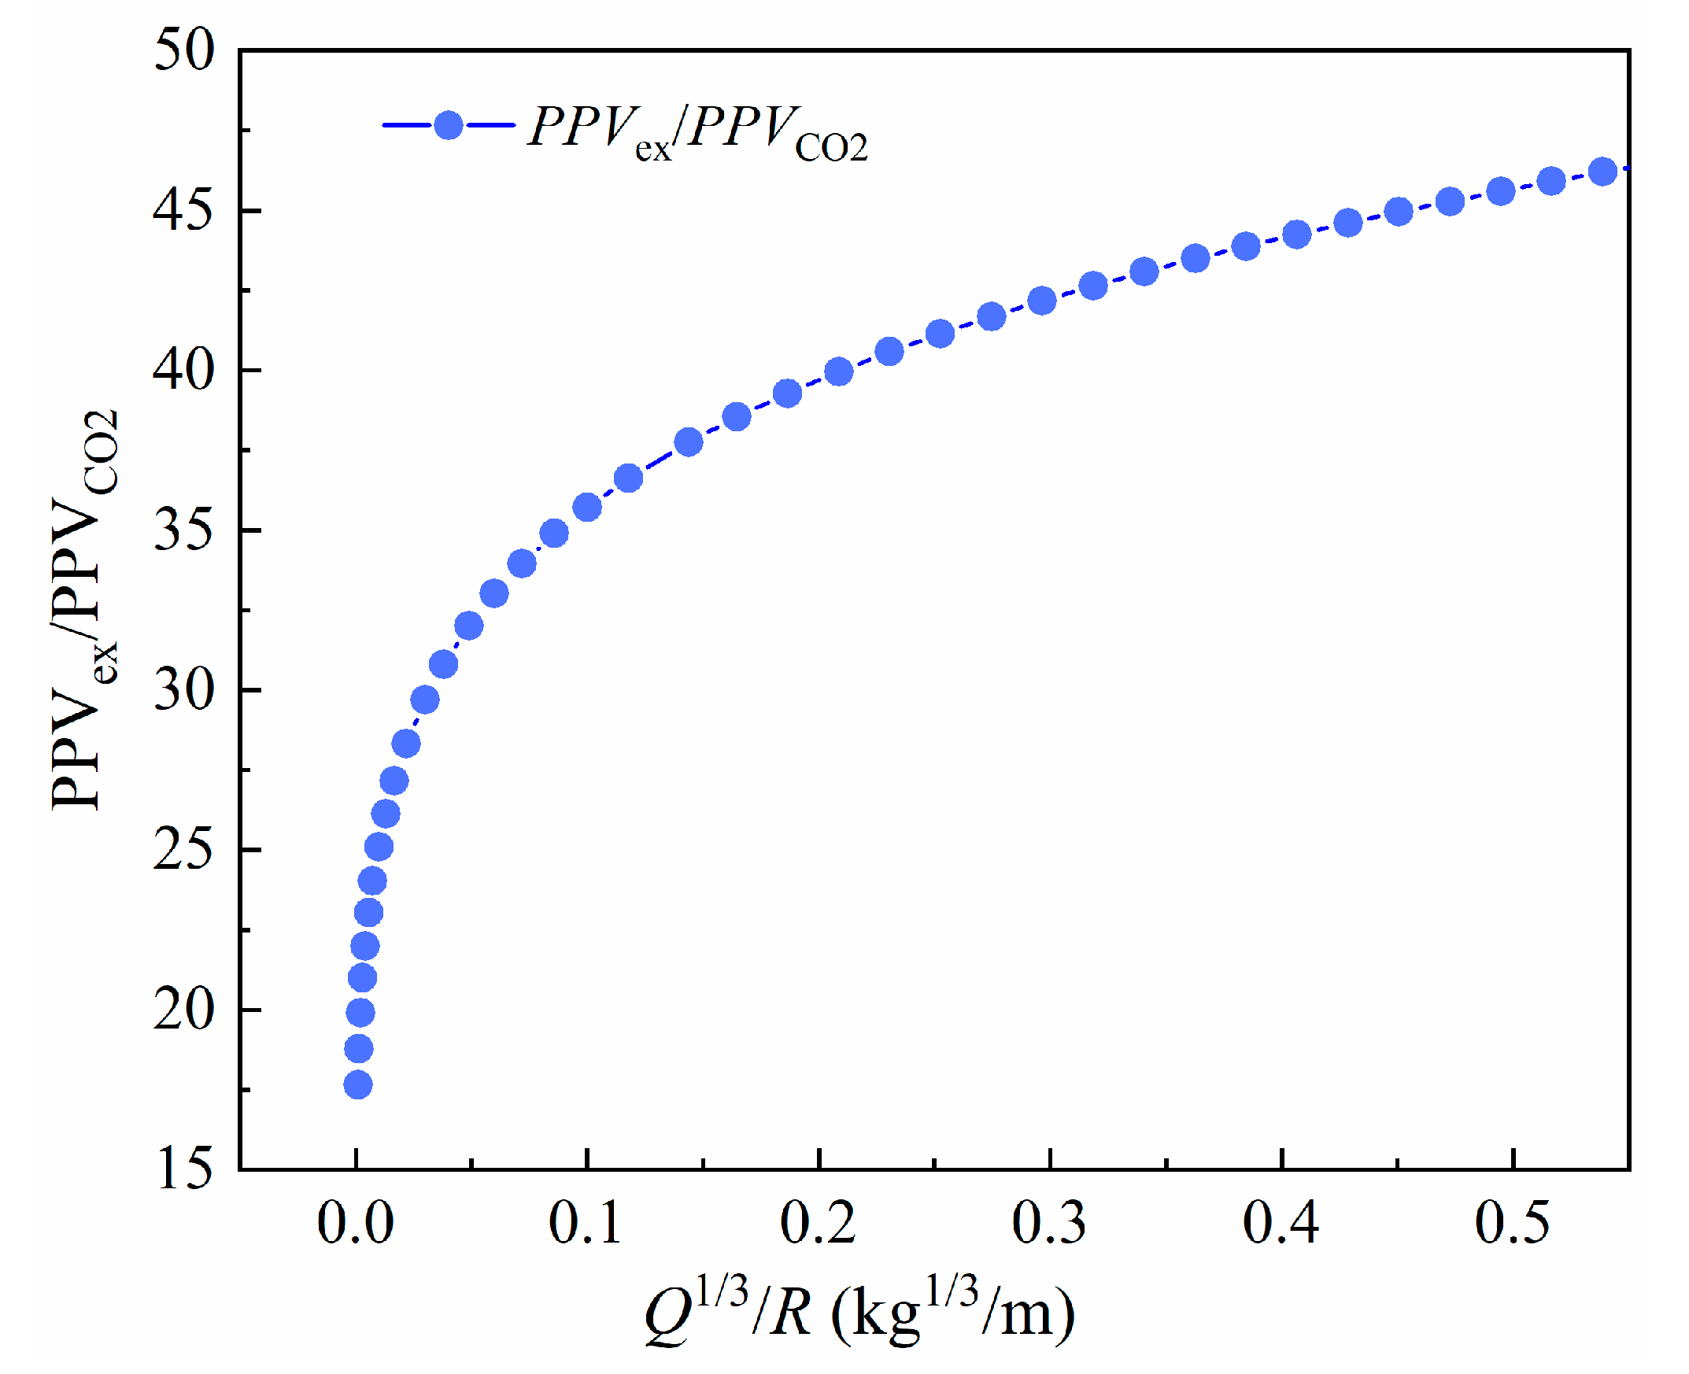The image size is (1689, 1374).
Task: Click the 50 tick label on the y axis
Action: (183, 50)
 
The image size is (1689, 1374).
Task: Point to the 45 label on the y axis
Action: (183, 212)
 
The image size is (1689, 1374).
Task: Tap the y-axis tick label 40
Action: (183, 371)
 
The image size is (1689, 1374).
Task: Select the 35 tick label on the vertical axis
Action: (183, 530)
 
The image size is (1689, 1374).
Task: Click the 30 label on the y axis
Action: (183, 690)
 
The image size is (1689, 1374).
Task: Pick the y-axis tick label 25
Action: (183, 850)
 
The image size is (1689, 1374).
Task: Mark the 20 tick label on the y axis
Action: (183, 1010)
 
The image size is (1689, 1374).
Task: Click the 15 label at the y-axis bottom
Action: (183, 1169)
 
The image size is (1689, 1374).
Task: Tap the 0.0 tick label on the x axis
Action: (356, 1224)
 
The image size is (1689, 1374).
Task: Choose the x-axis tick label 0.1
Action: (586, 1224)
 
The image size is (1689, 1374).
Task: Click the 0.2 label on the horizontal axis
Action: (818, 1224)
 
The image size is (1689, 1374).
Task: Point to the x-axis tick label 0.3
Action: (1048, 1224)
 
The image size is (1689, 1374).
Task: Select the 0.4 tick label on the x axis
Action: (1280, 1224)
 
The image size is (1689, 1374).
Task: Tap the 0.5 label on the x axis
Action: (1512, 1224)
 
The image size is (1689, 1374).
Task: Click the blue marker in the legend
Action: (449, 125)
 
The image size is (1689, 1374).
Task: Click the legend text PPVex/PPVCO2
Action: (697, 133)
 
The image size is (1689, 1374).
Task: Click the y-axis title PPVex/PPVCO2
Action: (83, 609)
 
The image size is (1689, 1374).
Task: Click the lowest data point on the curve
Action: (358, 1084)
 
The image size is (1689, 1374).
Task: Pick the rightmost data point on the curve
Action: (1602, 172)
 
